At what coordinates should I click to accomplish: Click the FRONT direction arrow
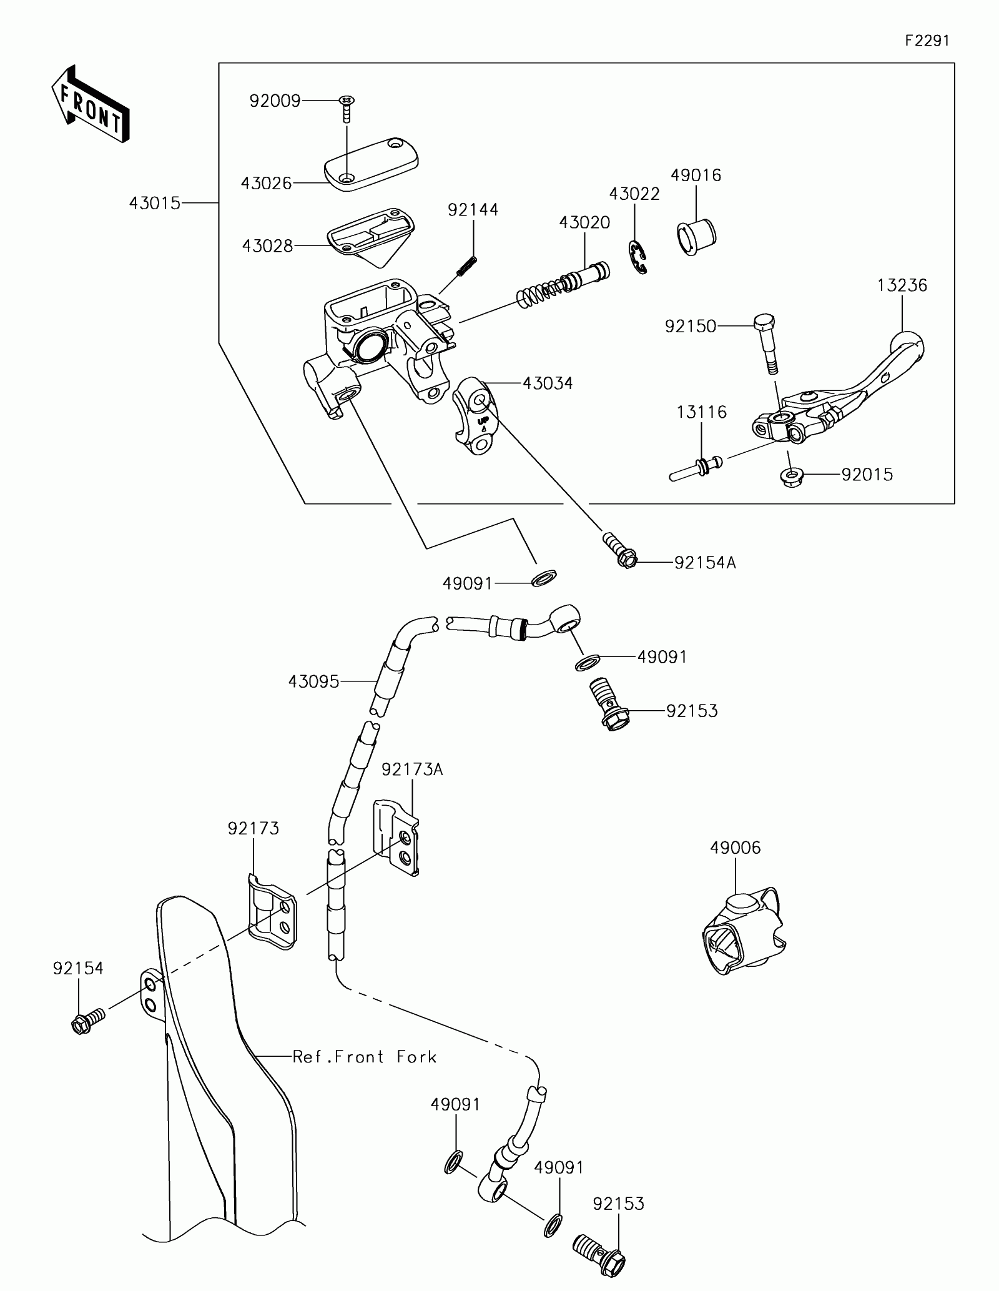(x=90, y=102)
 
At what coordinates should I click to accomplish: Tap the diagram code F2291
(x=927, y=41)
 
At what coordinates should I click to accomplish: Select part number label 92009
(x=275, y=101)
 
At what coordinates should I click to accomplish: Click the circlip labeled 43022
(x=637, y=256)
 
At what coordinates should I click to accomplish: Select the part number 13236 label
(x=902, y=285)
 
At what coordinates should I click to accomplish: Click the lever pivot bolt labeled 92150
(x=766, y=345)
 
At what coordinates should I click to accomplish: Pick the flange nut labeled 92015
(x=792, y=477)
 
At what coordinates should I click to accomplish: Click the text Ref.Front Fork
(x=365, y=1057)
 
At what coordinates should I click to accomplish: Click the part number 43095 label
(x=313, y=681)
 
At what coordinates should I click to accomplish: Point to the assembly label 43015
(x=155, y=203)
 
